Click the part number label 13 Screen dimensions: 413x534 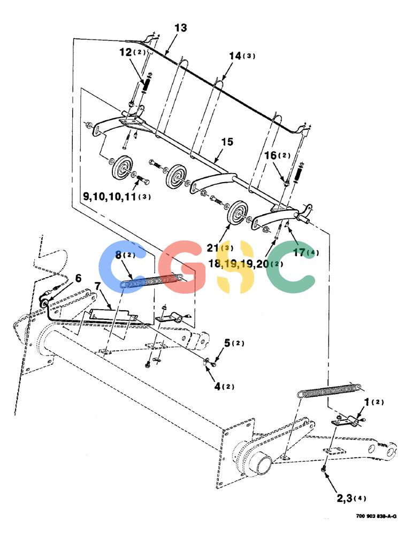(181, 28)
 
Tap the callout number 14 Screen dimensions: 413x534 (235, 56)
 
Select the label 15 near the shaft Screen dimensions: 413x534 (227, 142)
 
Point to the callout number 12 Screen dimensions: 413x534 (126, 52)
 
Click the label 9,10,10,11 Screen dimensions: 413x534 (110, 196)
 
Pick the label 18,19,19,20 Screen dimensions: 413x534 (239, 264)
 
